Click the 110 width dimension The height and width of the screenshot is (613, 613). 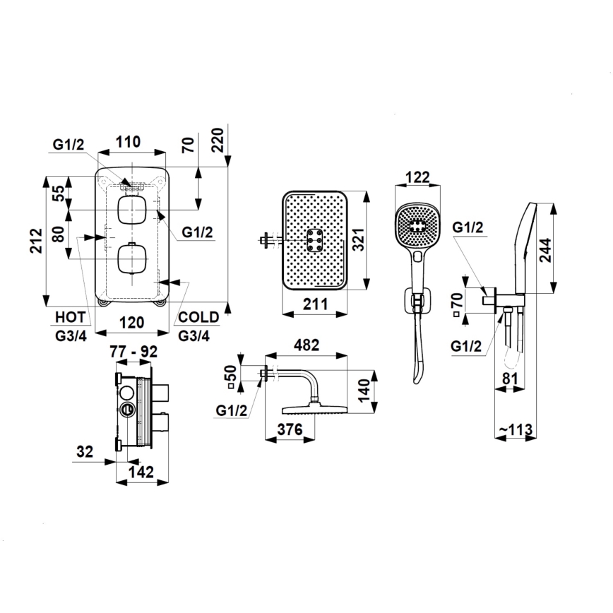[x=128, y=141]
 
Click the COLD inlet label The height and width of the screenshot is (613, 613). [x=198, y=318]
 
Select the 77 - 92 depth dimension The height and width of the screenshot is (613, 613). [x=134, y=350]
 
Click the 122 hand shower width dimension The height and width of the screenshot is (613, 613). [x=419, y=177]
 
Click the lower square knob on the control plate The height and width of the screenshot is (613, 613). [x=131, y=259]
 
